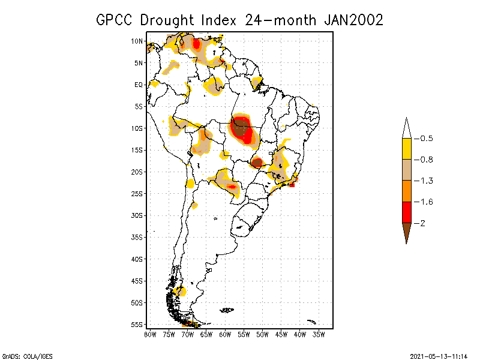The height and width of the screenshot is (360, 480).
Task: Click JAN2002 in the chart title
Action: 353,19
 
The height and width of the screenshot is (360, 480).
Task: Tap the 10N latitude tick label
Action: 137,41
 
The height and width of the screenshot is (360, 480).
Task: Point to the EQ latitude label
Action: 138,85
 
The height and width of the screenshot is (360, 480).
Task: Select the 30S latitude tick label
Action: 137,215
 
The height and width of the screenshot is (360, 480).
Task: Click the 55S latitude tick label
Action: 137,324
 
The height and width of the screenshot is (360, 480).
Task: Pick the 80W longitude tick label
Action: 150,334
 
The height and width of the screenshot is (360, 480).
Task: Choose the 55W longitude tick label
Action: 244,334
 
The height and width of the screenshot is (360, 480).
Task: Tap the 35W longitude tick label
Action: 319,334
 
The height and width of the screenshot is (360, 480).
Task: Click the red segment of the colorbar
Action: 406,212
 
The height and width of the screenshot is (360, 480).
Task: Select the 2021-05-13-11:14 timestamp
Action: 438,355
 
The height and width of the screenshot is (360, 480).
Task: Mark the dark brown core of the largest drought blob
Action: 241,128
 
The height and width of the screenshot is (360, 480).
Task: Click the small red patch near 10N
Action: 196,43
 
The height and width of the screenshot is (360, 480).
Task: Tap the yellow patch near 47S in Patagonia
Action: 180,291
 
